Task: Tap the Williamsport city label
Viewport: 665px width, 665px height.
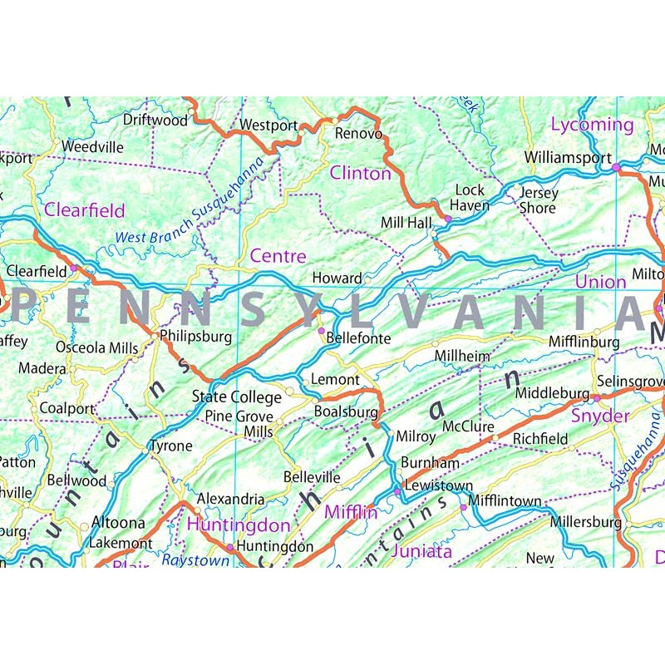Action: (x=568, y=157)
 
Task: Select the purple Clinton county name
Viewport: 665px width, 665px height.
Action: (x=360, y=173)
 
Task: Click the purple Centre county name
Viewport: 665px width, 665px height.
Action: (x=278, y=256)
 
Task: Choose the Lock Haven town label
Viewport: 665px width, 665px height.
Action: (x=471, y=198)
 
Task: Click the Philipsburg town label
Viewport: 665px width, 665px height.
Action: (x=195, y=337)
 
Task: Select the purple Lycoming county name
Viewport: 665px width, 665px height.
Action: (x=592, y=125)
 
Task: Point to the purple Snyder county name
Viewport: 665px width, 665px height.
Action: (x=600, y=415)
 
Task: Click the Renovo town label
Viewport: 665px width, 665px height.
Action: (x=358, y=134)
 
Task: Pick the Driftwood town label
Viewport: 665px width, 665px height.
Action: (x=155, y=120)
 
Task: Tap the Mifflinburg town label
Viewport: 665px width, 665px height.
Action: (x=584, y=342)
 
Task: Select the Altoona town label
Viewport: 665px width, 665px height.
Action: (x=117, y=524)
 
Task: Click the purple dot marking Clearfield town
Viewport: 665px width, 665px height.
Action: (x=74, y=268)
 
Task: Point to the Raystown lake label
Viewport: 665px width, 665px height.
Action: (x=195, y=560)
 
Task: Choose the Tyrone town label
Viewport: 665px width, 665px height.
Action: (x=170, y=446)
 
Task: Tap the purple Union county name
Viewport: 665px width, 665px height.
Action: (x=600, y=282)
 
